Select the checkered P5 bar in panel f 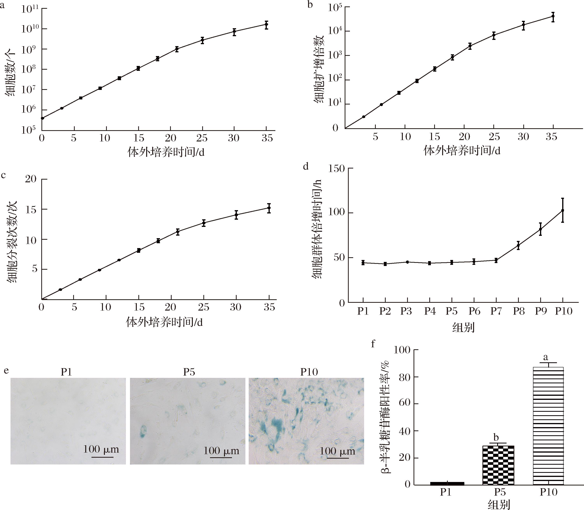498,465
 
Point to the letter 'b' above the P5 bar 496,437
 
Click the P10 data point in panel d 562,210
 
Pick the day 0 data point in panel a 42,118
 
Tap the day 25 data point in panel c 204,223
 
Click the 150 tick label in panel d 336,169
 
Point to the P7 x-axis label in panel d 496,311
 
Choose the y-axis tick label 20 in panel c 31,179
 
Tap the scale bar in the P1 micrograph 102,457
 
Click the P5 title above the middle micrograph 189,372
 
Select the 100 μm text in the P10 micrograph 337,451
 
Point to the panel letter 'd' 306,166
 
